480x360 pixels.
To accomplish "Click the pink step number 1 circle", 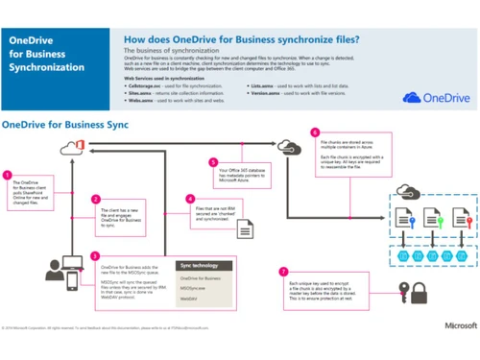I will point(8,176).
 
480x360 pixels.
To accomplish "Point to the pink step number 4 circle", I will point(190,200).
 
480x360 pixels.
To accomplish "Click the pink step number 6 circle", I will point(315,132).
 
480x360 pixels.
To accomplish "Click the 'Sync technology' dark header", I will point(205,266).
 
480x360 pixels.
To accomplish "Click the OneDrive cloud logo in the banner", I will point(438,97).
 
